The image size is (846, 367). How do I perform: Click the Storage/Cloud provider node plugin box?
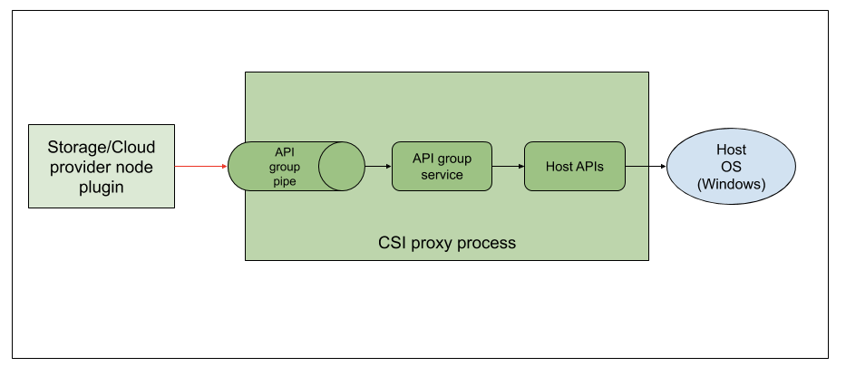[101, 166]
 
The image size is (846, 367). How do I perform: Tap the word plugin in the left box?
[101, 188]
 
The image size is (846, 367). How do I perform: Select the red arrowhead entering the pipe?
[223, 166]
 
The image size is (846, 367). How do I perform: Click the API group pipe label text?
[284, 166]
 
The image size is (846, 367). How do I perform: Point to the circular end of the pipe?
[341, 166]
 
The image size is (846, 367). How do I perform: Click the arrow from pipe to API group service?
[377, 166]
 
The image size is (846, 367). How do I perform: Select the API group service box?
[441, 166]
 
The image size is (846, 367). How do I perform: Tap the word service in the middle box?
[442, 174]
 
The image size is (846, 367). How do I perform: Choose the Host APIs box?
[575, 166]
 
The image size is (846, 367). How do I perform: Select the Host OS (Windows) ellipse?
[731, 167]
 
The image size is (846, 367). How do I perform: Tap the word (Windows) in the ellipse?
[731, 184]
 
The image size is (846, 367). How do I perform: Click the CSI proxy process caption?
[446, 243]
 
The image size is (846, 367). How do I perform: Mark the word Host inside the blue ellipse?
[731, 150]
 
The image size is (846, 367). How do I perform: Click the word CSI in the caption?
[391, 243]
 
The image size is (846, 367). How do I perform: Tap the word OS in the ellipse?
[731, 167]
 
